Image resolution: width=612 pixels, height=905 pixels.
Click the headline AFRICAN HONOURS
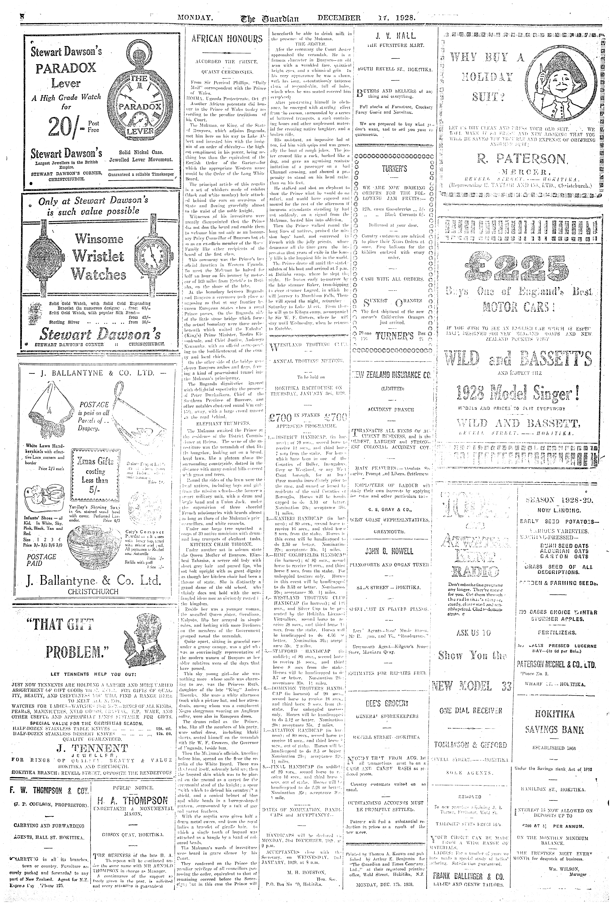tap(227, 39)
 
